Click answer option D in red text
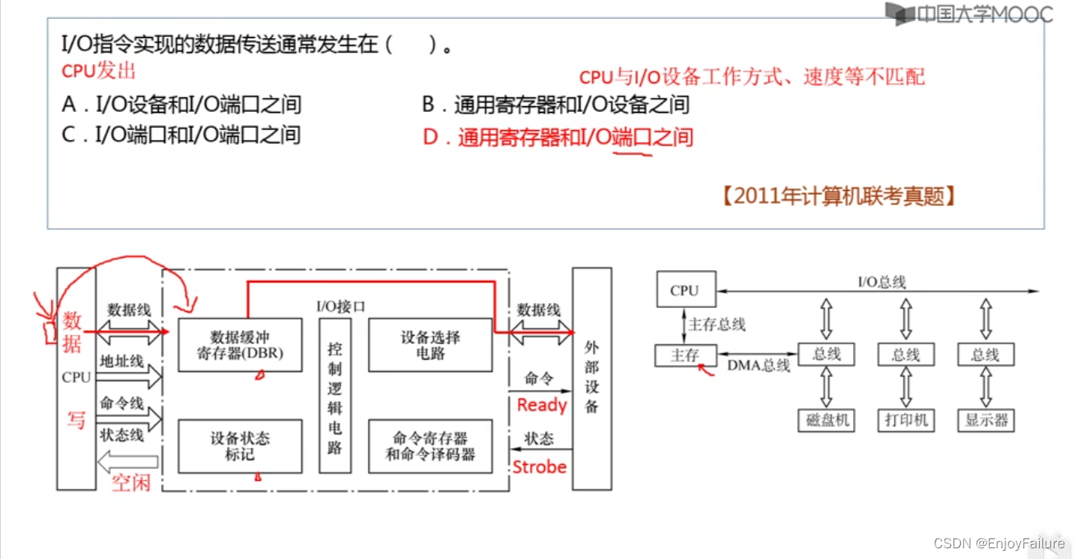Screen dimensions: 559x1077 pyautogui.click(x=558, y=137)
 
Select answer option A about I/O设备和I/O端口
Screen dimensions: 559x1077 pyautogui.click(x=181, y=105)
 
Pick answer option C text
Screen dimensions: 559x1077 pyautogui.click(x=181, y=134)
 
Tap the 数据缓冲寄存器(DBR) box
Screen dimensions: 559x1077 pyautogui.click(x=239, y=346)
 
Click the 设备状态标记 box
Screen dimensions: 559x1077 pyautogui.click(x=239, y=445)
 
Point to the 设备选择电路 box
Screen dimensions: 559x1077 pyautogui.click(x=430, y=346)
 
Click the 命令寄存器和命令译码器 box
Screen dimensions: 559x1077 pyautogui.click(x=430, y=445)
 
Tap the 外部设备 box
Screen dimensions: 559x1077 pyautogui.click(x=591, y=379)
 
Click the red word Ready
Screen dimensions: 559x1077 pyautogui.click(x=541, y=405)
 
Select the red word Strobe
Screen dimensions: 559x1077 pyautogui.click(x=539, y=467)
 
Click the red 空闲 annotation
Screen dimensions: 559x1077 pyautogui.click(x=132, y=482)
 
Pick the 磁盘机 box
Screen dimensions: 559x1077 pyautogui.click(x=826, y=420)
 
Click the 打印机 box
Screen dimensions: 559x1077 pyautogui.click(x=906, y=420)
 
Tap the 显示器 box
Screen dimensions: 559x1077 pyautogui.click(x=986, y=420)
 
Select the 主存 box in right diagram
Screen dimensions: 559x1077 pyautogui.click(x=684, y=355)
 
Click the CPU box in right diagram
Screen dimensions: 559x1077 pyautogui.click(x=685, y=290)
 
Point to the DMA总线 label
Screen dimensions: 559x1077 pyautogui.click(x=758, y=365)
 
